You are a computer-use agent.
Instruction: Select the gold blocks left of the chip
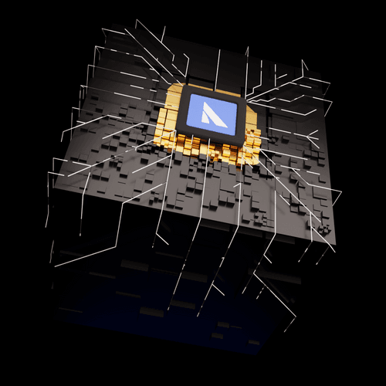click(x=168, y=116)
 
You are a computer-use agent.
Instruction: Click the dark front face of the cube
click(x=154, y=286)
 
